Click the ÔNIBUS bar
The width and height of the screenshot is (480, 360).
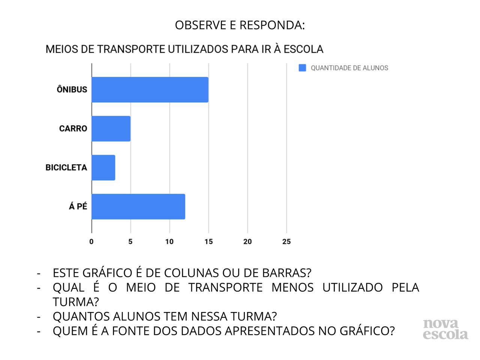[150, 90]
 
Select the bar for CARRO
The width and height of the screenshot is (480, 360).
[111, 129]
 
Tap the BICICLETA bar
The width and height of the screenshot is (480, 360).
[103, 168]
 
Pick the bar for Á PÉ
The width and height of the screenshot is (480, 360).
[138, 207]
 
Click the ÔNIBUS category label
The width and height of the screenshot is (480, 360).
[72, 90]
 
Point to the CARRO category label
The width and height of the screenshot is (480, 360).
[73, 129]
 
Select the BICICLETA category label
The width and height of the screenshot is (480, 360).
[66, 168]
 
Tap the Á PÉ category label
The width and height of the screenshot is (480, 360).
[78, 206]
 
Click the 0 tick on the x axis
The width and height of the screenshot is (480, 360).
[91, 242]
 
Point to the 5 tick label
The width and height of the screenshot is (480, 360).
[130, 242]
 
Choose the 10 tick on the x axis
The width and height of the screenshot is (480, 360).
[169, 242]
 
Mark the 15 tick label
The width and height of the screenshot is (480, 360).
[208, 242]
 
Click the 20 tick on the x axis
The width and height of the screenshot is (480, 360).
[247, 242]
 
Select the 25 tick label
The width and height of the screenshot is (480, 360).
[286, 242]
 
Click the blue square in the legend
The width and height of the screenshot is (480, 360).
[302, 68]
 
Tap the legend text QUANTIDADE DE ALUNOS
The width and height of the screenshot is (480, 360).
[349, 68]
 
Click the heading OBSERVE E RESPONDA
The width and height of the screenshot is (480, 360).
[240, 25]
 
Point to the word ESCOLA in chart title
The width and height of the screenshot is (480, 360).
[303, 49]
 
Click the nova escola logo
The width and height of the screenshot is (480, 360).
[445, 329]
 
